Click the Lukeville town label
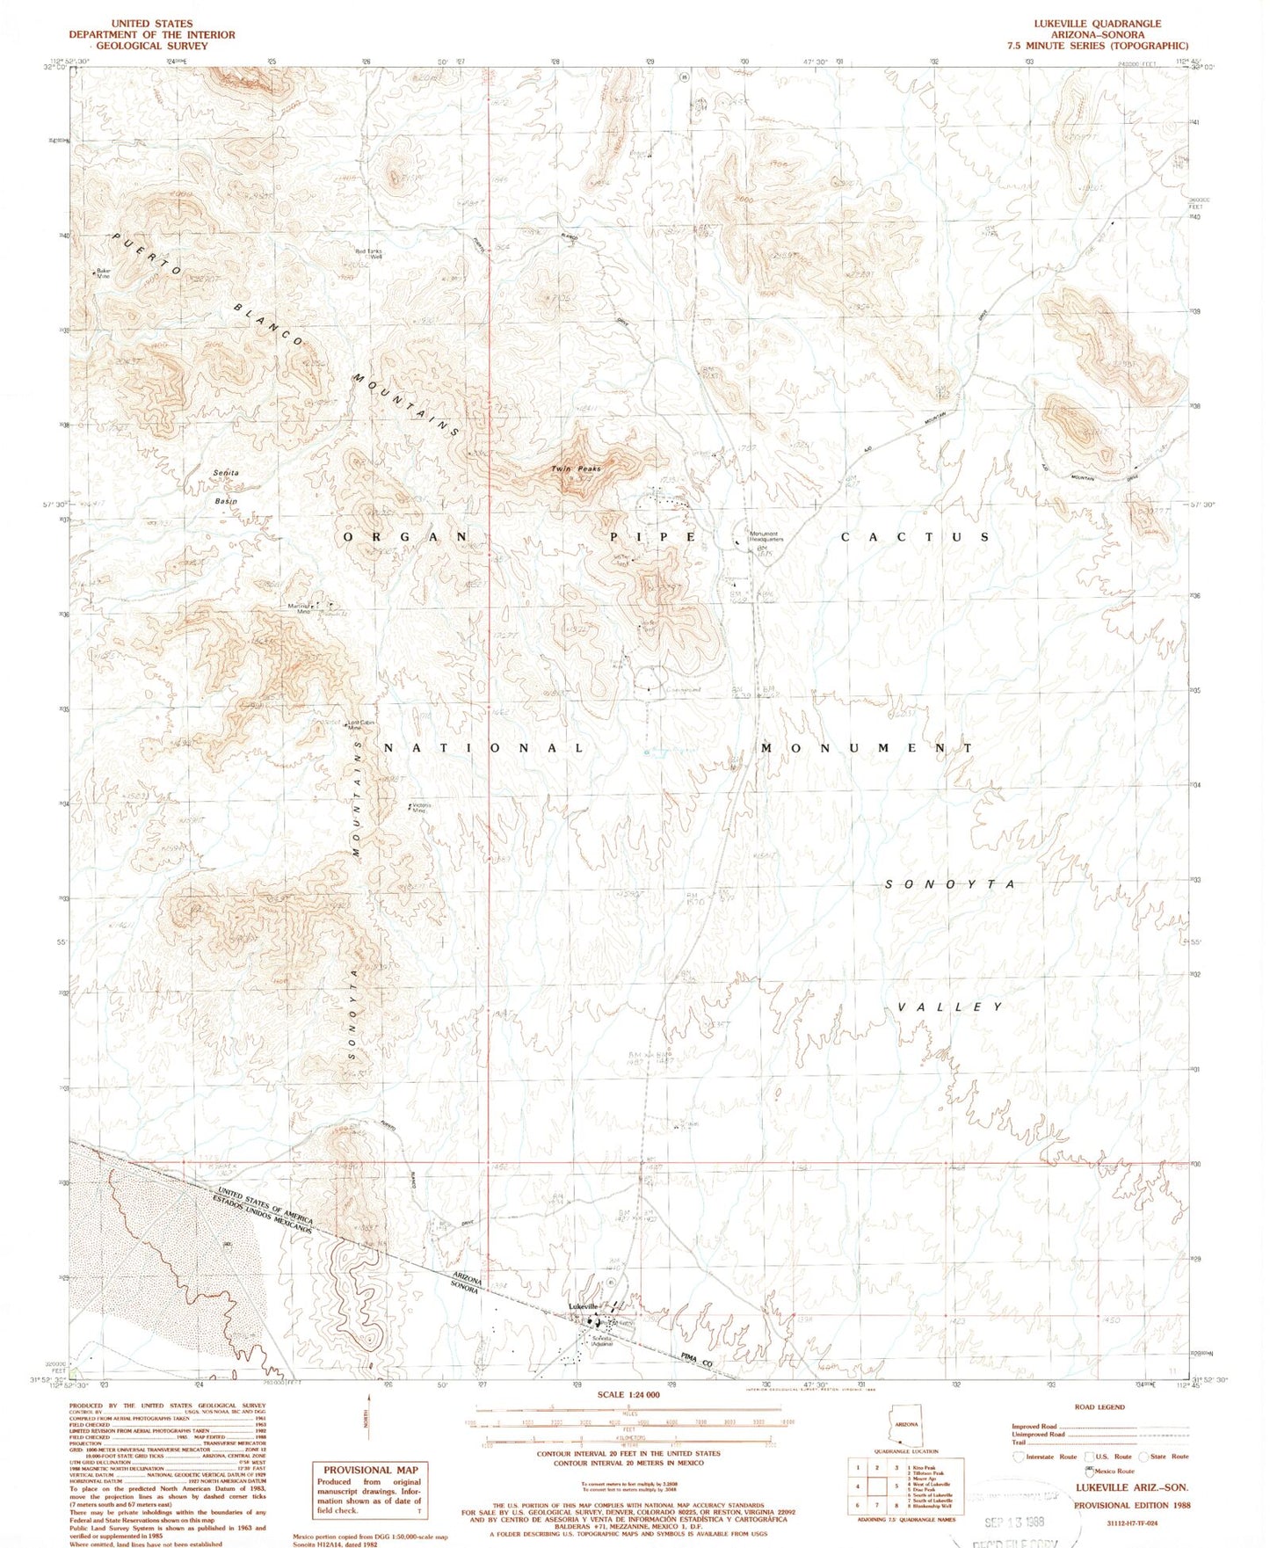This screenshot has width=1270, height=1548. click(583, 1306)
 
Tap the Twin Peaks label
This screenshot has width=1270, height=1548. click(577, 469)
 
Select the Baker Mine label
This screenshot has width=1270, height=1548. click(104, 273)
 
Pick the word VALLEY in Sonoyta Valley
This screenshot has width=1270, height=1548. click(949, 1007)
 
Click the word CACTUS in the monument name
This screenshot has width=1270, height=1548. click(916, 536)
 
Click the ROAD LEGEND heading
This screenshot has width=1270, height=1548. click(1099, 1407)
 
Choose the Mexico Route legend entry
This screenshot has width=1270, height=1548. click(1113, 1471)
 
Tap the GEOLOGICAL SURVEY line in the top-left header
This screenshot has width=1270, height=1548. click(144, 46)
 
